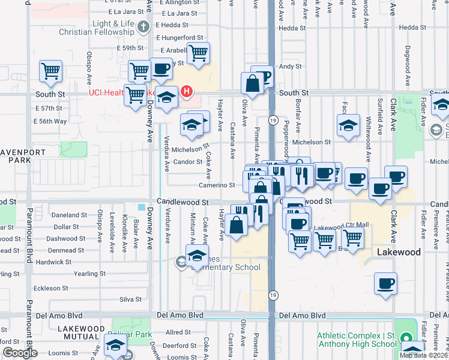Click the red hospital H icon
coord(187,91)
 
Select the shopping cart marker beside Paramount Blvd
coord(51,71)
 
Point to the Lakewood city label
coord(399,253)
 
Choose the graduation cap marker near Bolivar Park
coord(115,345)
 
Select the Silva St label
coord(130,299)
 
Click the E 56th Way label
coord(50,121)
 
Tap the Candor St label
coord(187,162)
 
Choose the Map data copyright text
coord(423,355)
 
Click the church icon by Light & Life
coord(143,27)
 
